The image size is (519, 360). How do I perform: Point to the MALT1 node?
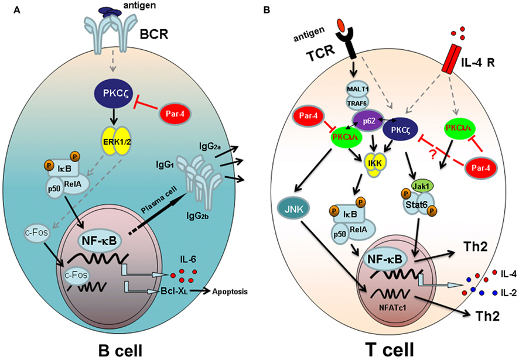point(354,88)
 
